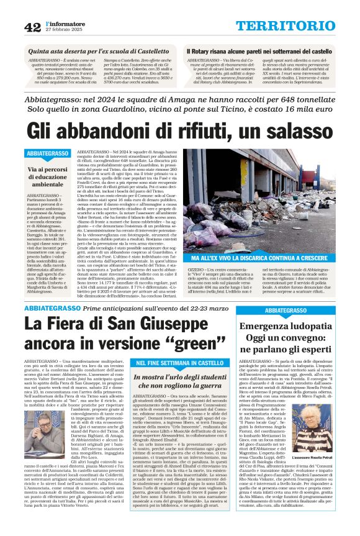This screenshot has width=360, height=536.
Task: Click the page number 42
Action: [x=32, y=27]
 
